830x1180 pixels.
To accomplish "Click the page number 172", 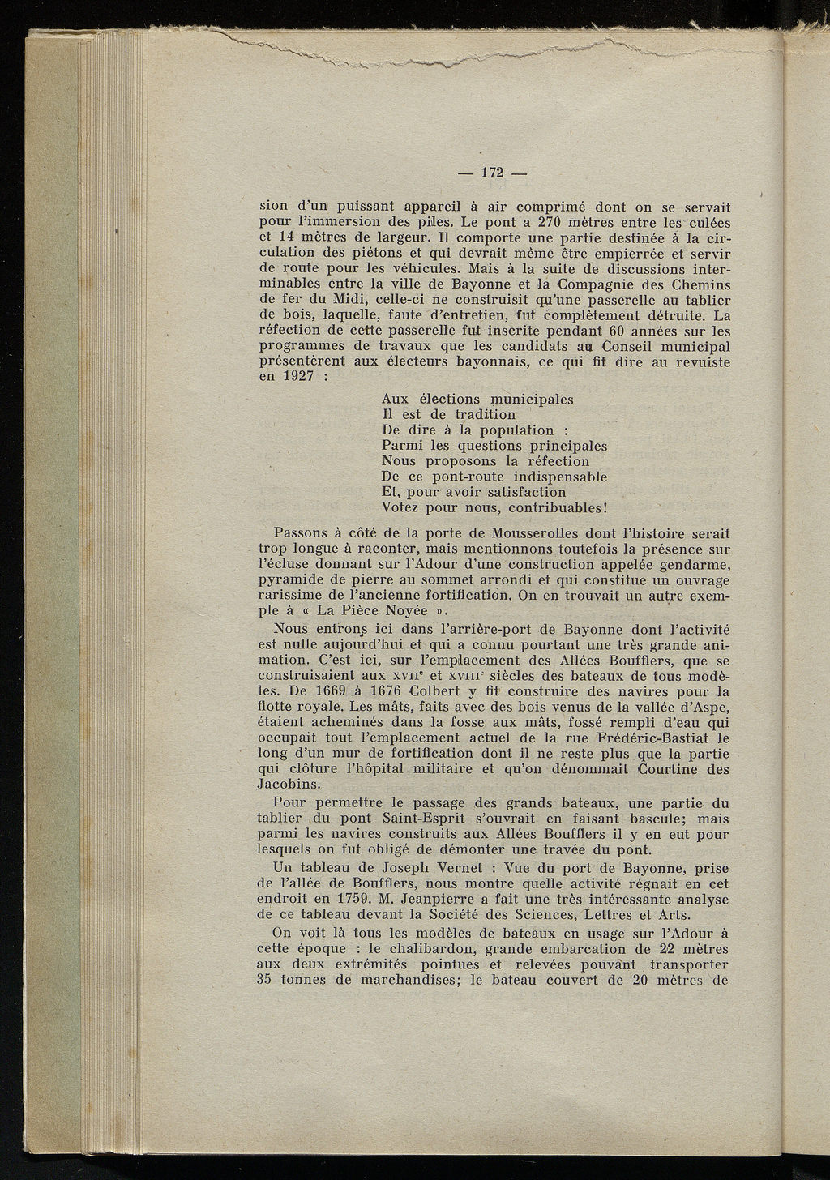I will (x=492, y=172).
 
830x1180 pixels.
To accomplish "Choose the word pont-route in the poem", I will (x=469, y=477).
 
